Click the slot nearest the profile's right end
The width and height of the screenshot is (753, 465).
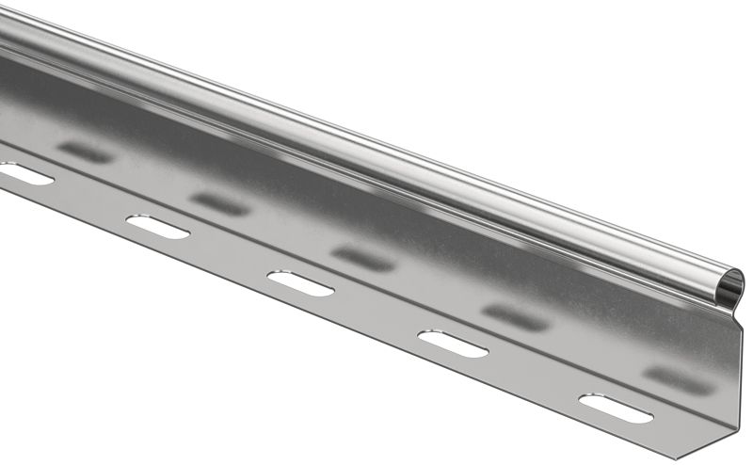pyautogui.click(x=617, y=408)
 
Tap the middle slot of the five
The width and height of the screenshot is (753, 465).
pyautogui.click(x=300, y=283)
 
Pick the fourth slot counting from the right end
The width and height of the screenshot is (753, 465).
pyautogui.click(x=157, y=227)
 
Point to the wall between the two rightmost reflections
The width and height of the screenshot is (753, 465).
pyautogui.click(x=597, y=348)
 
